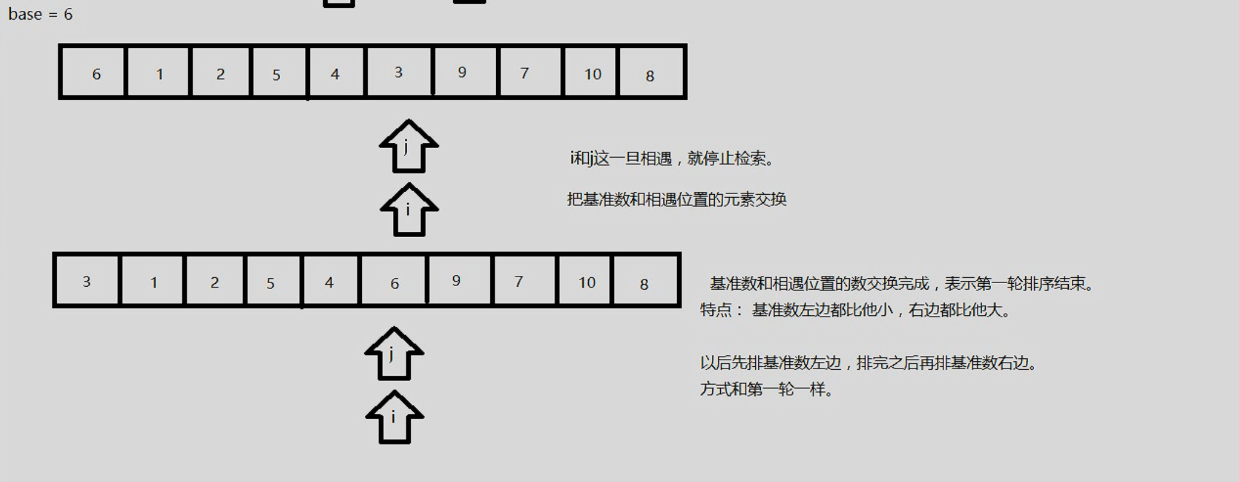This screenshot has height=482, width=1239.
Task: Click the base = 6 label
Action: (x=40, y=14)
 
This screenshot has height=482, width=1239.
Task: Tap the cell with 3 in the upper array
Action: (x=398, y=72)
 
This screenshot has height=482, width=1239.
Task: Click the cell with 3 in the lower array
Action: (x=87, y=281)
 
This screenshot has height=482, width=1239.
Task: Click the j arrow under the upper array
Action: (x=409, y=147)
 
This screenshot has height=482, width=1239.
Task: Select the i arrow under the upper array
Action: (x=409, y=210)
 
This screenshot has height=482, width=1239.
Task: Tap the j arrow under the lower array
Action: (x=394, y=354)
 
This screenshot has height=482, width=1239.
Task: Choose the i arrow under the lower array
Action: (x=394, y=417)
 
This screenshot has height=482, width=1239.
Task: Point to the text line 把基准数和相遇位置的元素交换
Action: (x=677, y=199)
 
